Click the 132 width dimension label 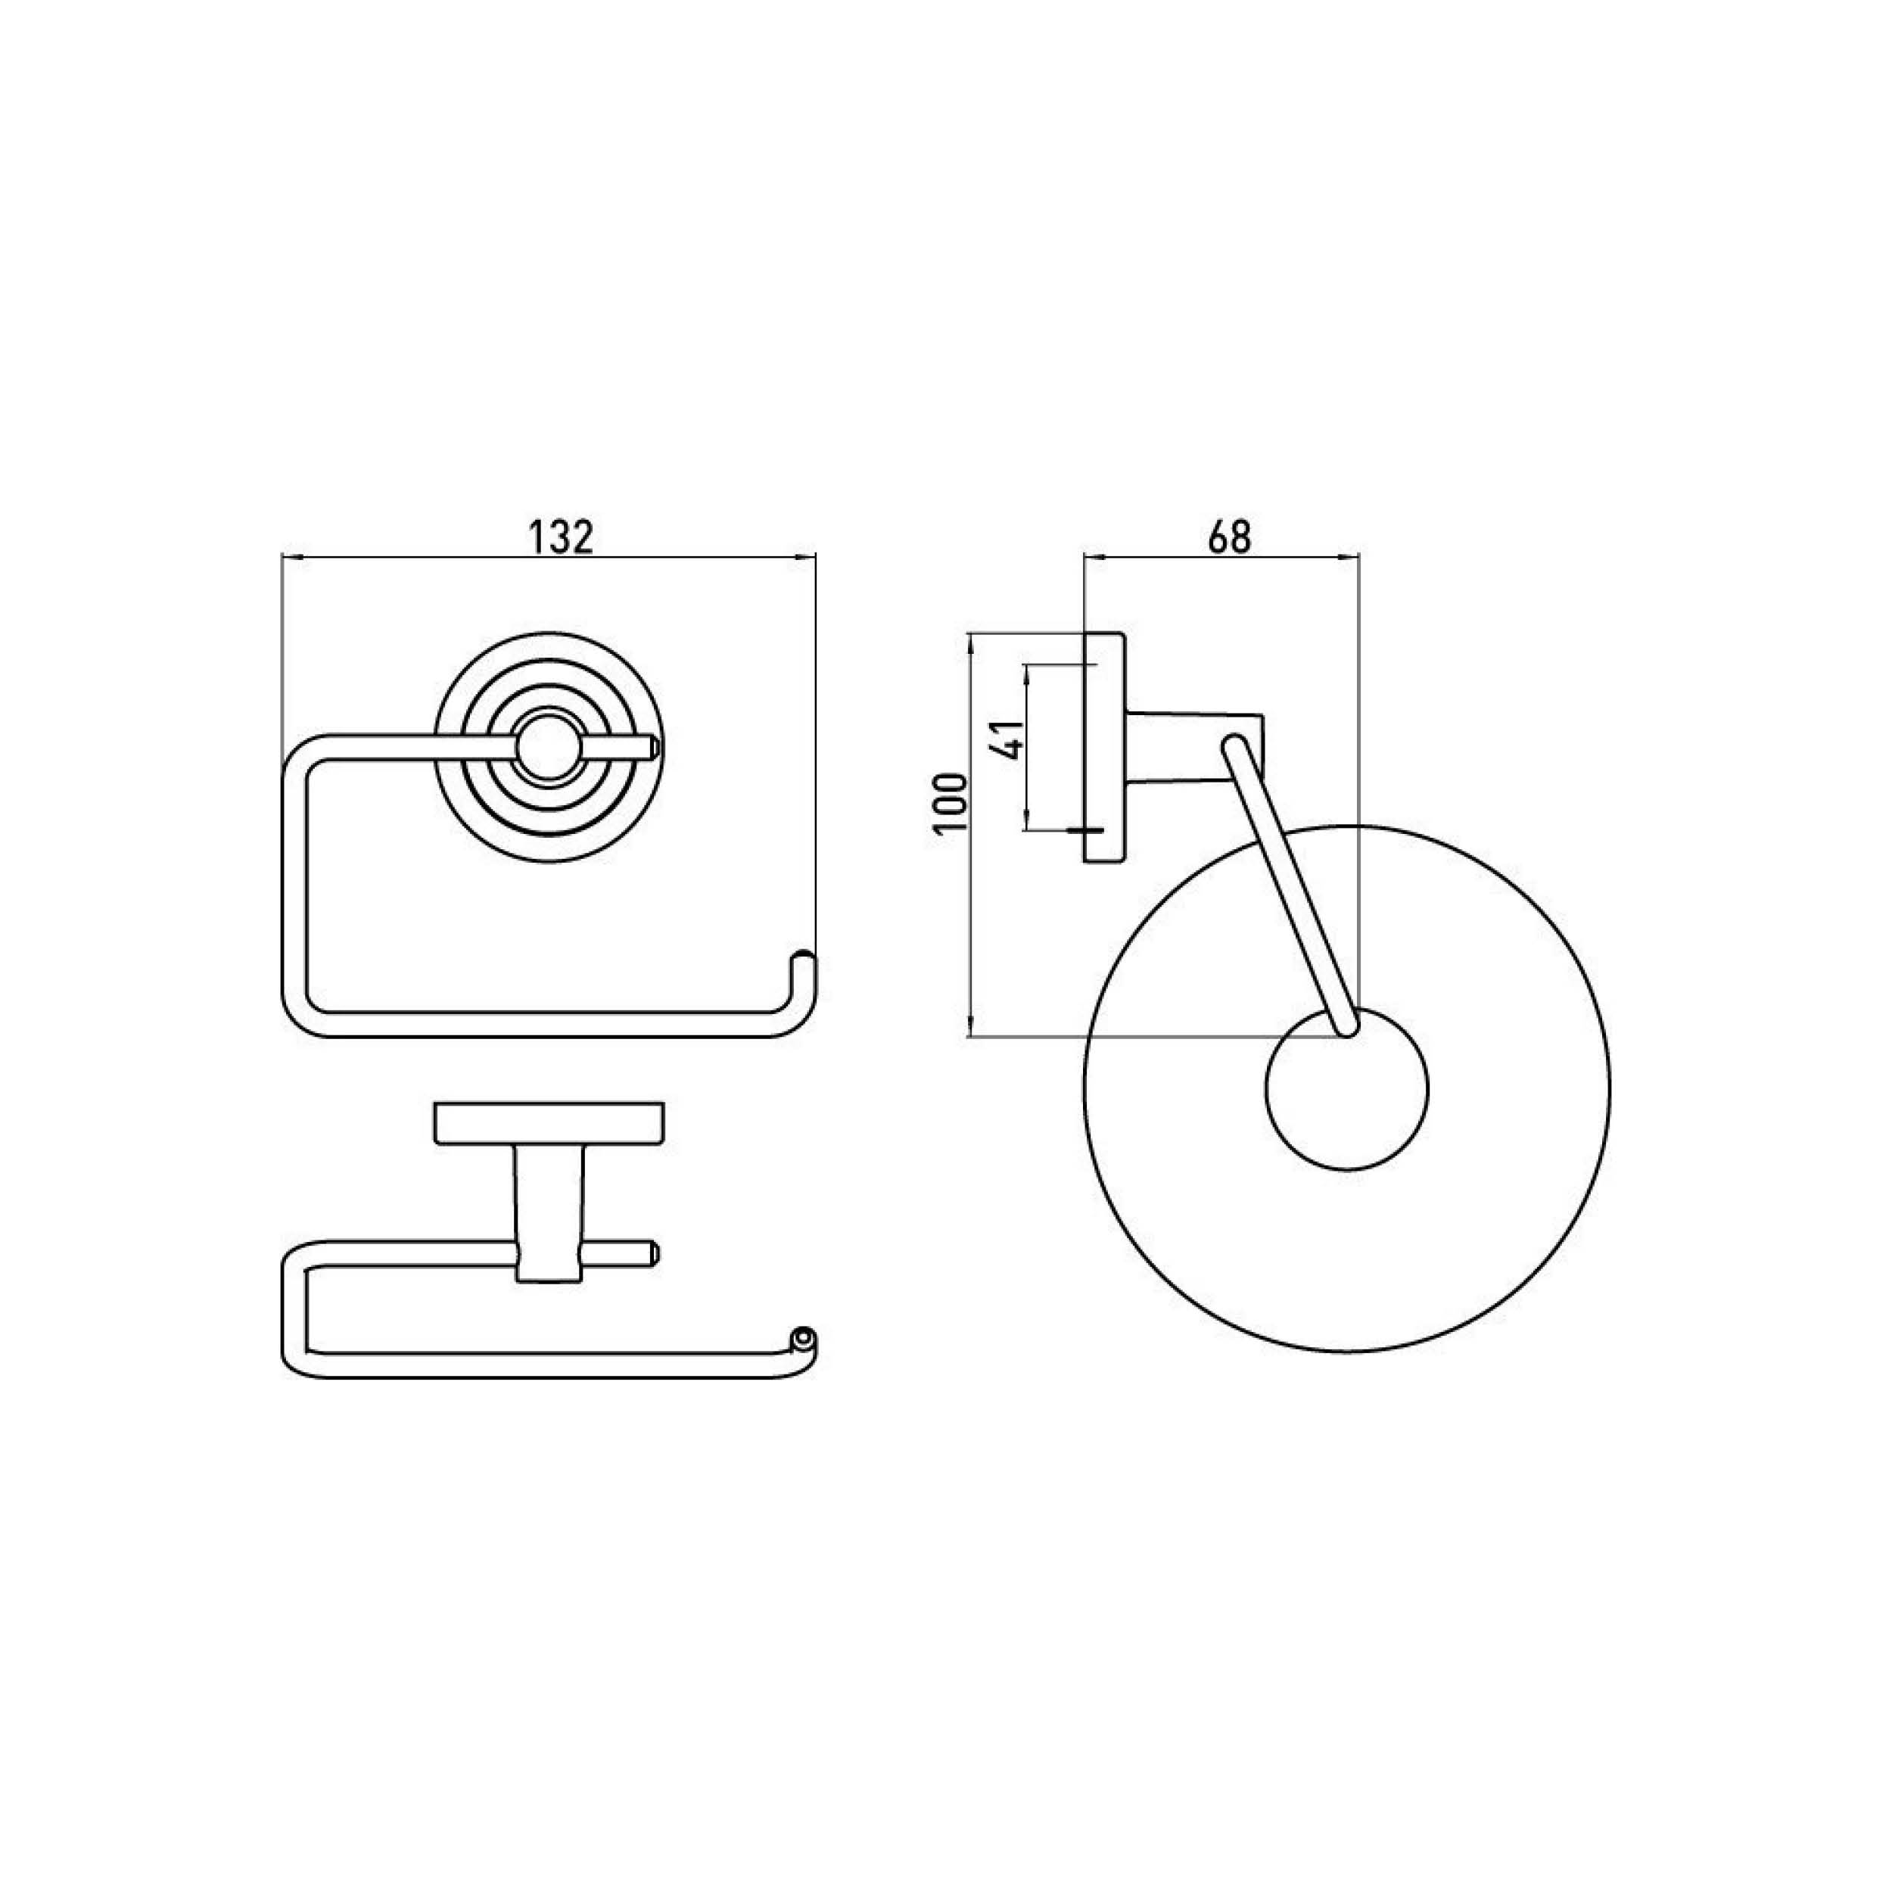(561, 537)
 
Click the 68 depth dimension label (1230, 537)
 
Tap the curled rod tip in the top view (803, 1337)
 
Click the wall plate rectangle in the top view (549, 1123)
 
